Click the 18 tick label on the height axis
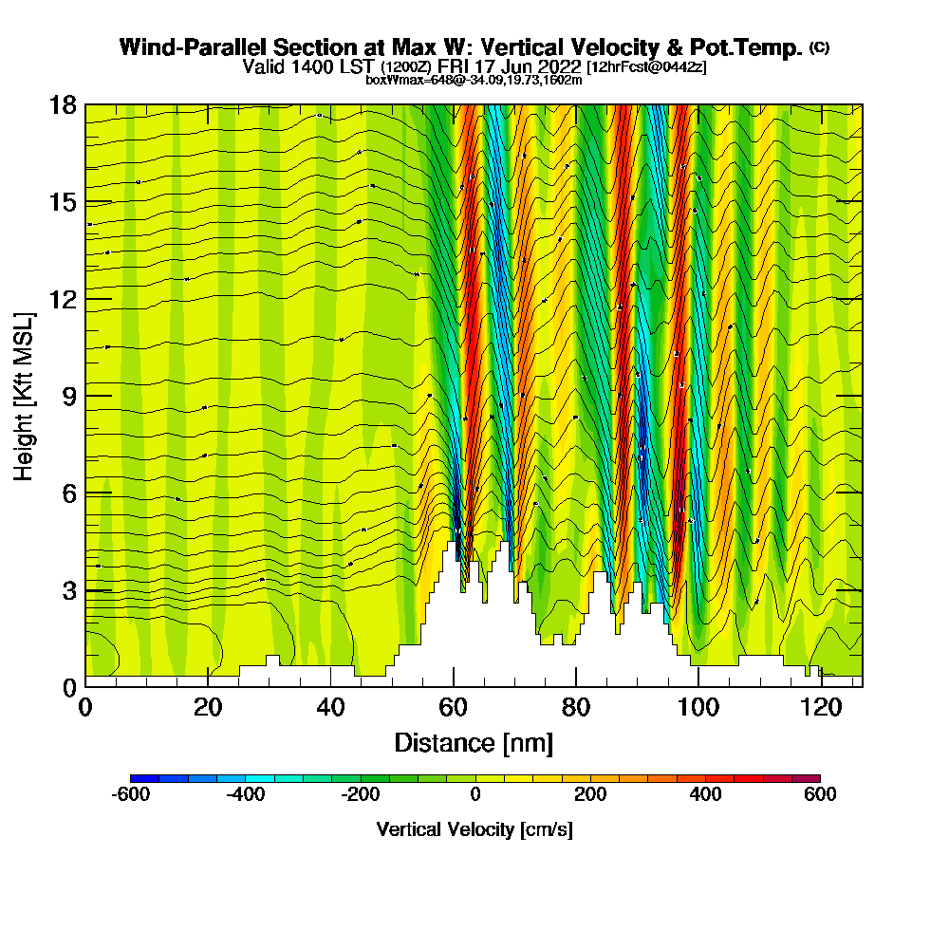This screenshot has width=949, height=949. point(63,104)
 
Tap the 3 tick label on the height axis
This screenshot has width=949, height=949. point(69,590)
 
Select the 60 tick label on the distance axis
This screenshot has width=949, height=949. point(454,708)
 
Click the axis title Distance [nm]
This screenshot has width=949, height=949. point(474,742)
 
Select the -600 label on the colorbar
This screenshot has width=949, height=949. point(131,794)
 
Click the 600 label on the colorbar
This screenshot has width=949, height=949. point(820,794)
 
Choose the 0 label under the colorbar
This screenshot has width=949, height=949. point(475,794)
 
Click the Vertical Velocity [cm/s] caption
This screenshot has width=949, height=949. point(474,829)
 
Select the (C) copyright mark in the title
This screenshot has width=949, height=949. point(818,47)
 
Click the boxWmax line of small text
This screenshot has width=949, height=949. point(474,80)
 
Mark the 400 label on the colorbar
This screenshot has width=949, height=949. point(705,794)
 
